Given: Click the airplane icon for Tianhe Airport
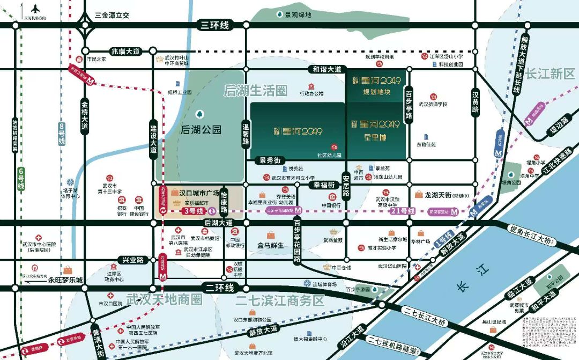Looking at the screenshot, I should click(36, 9).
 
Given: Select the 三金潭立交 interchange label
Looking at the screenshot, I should click(112, 15).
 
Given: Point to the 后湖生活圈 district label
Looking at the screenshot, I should click(256, 91).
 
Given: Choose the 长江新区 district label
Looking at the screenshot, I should click(550, 74).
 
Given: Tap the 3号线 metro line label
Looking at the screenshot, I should click(192, 211).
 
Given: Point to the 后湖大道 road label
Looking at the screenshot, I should click(218, 222).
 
